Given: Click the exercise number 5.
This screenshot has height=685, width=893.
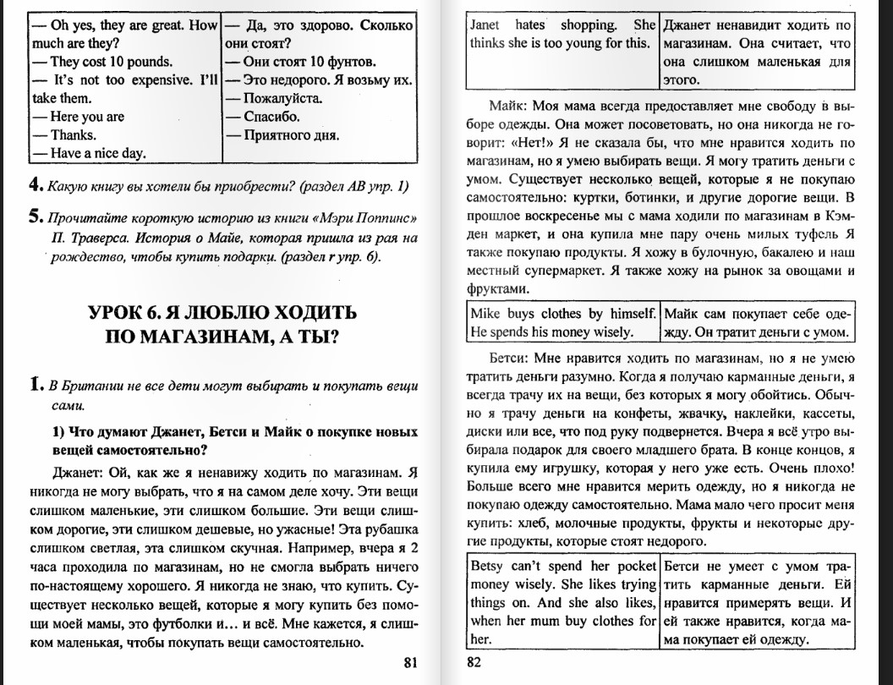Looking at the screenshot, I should tap(34, 216).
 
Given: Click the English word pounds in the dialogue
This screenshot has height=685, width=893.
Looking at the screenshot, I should tap(153, 62).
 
